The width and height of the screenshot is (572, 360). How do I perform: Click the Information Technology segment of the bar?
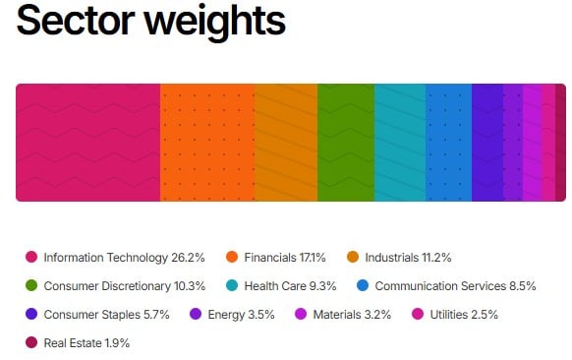[x=87, y=143]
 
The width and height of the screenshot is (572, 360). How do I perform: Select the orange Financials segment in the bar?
[x=206, y=143]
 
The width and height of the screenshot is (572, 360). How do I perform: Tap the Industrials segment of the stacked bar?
[x=285, y=143]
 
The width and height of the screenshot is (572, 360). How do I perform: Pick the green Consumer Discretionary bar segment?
[x=345, y=143]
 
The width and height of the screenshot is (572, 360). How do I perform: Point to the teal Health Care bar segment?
[x=399, y=143]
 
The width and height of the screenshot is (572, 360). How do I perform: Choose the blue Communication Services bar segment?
[x=448, y=143]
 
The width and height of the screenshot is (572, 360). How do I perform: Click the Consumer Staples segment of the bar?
[x=487, y=143]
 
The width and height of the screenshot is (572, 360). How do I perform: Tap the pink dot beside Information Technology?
[x=31, y=258]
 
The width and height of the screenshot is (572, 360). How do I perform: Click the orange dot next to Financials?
[x=232, y=258]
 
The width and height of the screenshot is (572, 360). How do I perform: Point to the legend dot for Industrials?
[x=353, y=258]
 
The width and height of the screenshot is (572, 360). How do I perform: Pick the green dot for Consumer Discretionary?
[x=31, y=286]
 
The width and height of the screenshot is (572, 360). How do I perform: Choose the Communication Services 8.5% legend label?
[x=455, y=286]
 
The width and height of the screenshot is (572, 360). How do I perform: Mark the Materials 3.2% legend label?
[x=351, y=315]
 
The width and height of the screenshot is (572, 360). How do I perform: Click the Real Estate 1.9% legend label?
[x=86, y=343]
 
